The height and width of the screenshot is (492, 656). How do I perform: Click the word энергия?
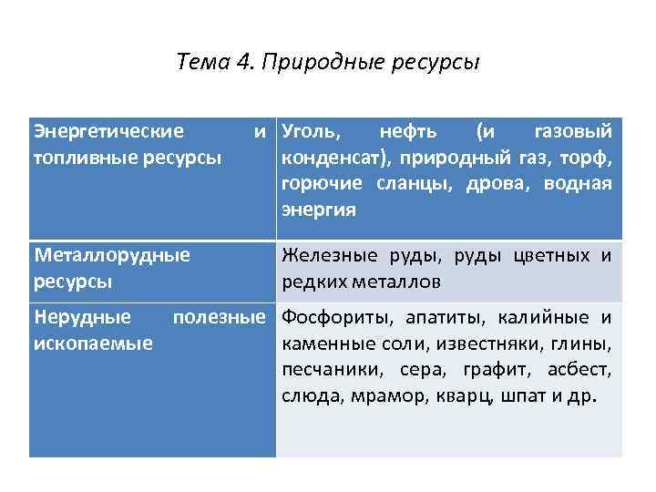[318, 209]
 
